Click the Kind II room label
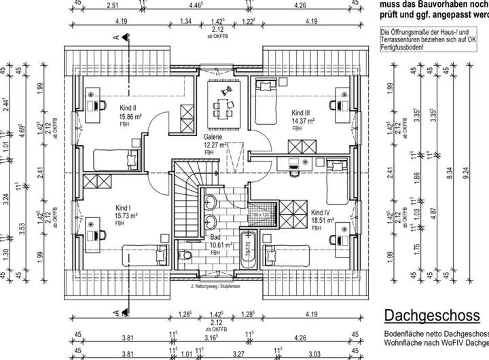coord(128,109)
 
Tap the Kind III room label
coord(301,113)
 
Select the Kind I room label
coord(124,209)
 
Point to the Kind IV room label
coord(321,213)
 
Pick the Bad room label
coord(215,238)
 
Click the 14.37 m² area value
coord(303,121)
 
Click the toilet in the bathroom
coord(183,255)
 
